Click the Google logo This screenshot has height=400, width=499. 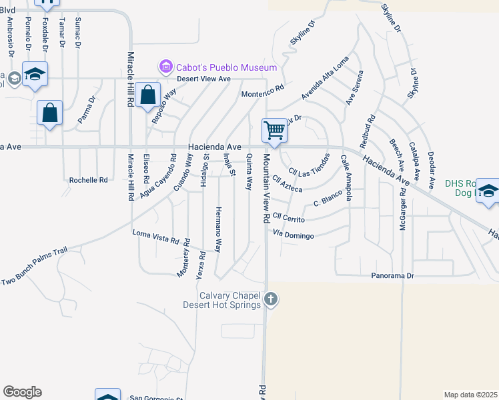(22, 392)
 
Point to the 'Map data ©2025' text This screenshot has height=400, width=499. (470, 395)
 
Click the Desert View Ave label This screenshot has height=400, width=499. (203, 79)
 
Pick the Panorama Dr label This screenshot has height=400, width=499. (393, 275)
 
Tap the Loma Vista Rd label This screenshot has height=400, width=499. (157, 236)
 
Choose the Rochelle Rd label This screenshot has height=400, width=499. (89, 180)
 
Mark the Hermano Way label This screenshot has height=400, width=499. (217, 229)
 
